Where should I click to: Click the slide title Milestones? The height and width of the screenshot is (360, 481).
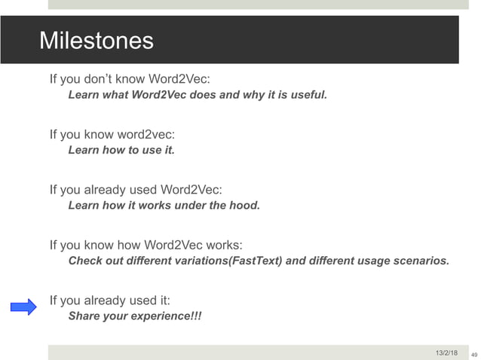point(96,40)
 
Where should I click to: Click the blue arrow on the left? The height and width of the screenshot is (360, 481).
point(23,307)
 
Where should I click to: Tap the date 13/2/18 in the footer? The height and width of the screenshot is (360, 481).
point(446,352)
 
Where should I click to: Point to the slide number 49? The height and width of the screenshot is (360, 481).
point(473,353)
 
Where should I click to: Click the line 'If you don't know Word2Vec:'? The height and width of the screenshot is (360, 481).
point(130,78)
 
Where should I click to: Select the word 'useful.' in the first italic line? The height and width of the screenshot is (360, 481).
point(308,95)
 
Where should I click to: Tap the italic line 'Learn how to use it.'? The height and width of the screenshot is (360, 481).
point(121,150)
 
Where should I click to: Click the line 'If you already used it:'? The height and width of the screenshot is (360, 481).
point(110,301)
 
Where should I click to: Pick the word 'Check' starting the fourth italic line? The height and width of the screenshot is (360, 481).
point(84,261)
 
